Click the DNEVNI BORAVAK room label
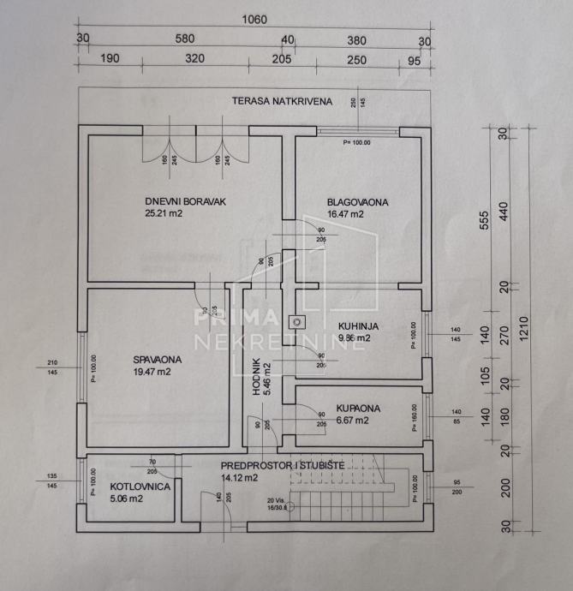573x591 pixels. point(190,202)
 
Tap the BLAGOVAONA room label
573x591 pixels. point(357,203)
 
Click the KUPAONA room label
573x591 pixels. point(351,409)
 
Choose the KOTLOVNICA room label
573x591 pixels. point(140,487)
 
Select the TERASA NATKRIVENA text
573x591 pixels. point(281,101)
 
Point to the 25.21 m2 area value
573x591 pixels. point(164,214)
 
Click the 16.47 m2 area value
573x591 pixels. point(345,215)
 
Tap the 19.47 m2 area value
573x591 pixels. point(152,373)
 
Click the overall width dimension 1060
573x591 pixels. point(254,19)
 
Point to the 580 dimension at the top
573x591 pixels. point(184,39)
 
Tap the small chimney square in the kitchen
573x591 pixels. point(297,322)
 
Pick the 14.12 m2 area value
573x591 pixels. point(240,478)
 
